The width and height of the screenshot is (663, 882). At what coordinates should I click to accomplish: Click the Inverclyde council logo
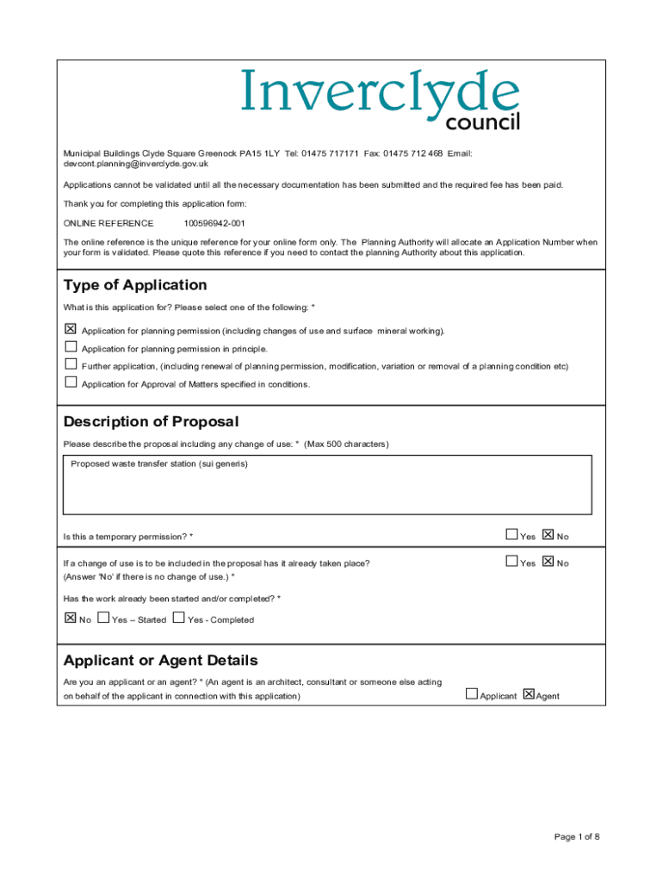pyautogui.click(x=380, y=101)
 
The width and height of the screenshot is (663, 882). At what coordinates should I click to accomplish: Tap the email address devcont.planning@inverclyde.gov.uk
pyautogui.click(x=136, y=164)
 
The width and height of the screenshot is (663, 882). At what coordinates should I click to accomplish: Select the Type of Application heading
pyautogui.click(x=135, y=285)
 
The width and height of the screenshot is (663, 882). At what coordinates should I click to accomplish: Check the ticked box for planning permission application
pyautogui.click(x=71, y=329)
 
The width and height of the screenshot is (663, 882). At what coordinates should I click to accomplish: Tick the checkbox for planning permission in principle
pyautogui.click(x=71, y=347)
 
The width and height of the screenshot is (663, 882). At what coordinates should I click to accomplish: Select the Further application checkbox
pyautogui.click(x=71, y=364)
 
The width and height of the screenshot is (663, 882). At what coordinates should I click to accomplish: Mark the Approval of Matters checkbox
pyautogui.click(x=71, y=382)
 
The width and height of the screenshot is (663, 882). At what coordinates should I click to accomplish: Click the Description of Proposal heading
pyautogui.click(x=151, y=422)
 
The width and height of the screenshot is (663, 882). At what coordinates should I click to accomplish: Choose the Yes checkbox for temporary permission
pyautogui.click(x=512, y=535)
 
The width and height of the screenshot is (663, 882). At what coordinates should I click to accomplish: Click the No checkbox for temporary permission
pyautogui.click(x=548, y=535)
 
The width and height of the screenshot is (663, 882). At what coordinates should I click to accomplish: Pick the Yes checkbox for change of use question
pyautogui.click(x=512, y=562)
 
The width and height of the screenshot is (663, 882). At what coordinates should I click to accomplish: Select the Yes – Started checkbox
pyautogui.click(x=104, y=618)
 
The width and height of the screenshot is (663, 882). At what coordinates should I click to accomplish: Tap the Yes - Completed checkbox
pyautogui.click(x=179, y=618)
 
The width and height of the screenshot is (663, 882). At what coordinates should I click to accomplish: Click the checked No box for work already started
pyautogui.click(x=71, y=618)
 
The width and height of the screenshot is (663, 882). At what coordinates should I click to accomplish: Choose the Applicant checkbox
pyautogui.click(x=472, y=694)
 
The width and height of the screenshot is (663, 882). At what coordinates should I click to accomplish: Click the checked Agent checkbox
pyautogui.click(x=529, y=694)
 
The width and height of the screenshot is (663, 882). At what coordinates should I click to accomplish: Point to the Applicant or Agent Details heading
pyautogui.click(x=160, y=661)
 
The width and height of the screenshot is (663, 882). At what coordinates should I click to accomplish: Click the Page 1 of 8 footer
pyautogui.click(x=577, y=836)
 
